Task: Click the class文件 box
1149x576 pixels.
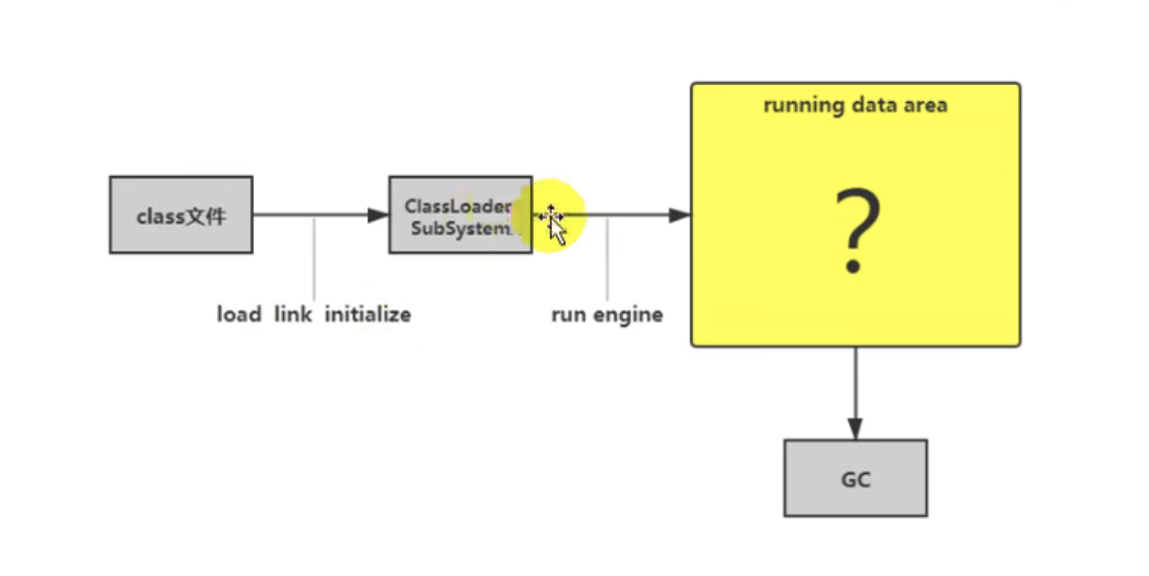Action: pos(181,215)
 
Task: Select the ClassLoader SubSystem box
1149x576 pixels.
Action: pos(460,215)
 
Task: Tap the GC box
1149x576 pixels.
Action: pos(856,479)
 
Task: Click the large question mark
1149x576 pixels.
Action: pos(856,230)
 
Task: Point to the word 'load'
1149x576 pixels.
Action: pos(239,314)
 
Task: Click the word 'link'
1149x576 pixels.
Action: pos(293,314)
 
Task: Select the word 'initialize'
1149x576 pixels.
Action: pos(368,314)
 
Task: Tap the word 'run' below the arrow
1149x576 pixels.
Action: pos(568,315)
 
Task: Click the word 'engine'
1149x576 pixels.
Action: pos(628,316)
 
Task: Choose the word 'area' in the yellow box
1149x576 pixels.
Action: pos(927,105)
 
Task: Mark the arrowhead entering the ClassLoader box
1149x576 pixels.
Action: pos(378,215)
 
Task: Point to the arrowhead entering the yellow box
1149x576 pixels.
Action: pos(679,215)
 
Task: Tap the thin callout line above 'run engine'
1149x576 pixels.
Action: pos(607,260)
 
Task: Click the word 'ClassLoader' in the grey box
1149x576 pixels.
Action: pos(458,206)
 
